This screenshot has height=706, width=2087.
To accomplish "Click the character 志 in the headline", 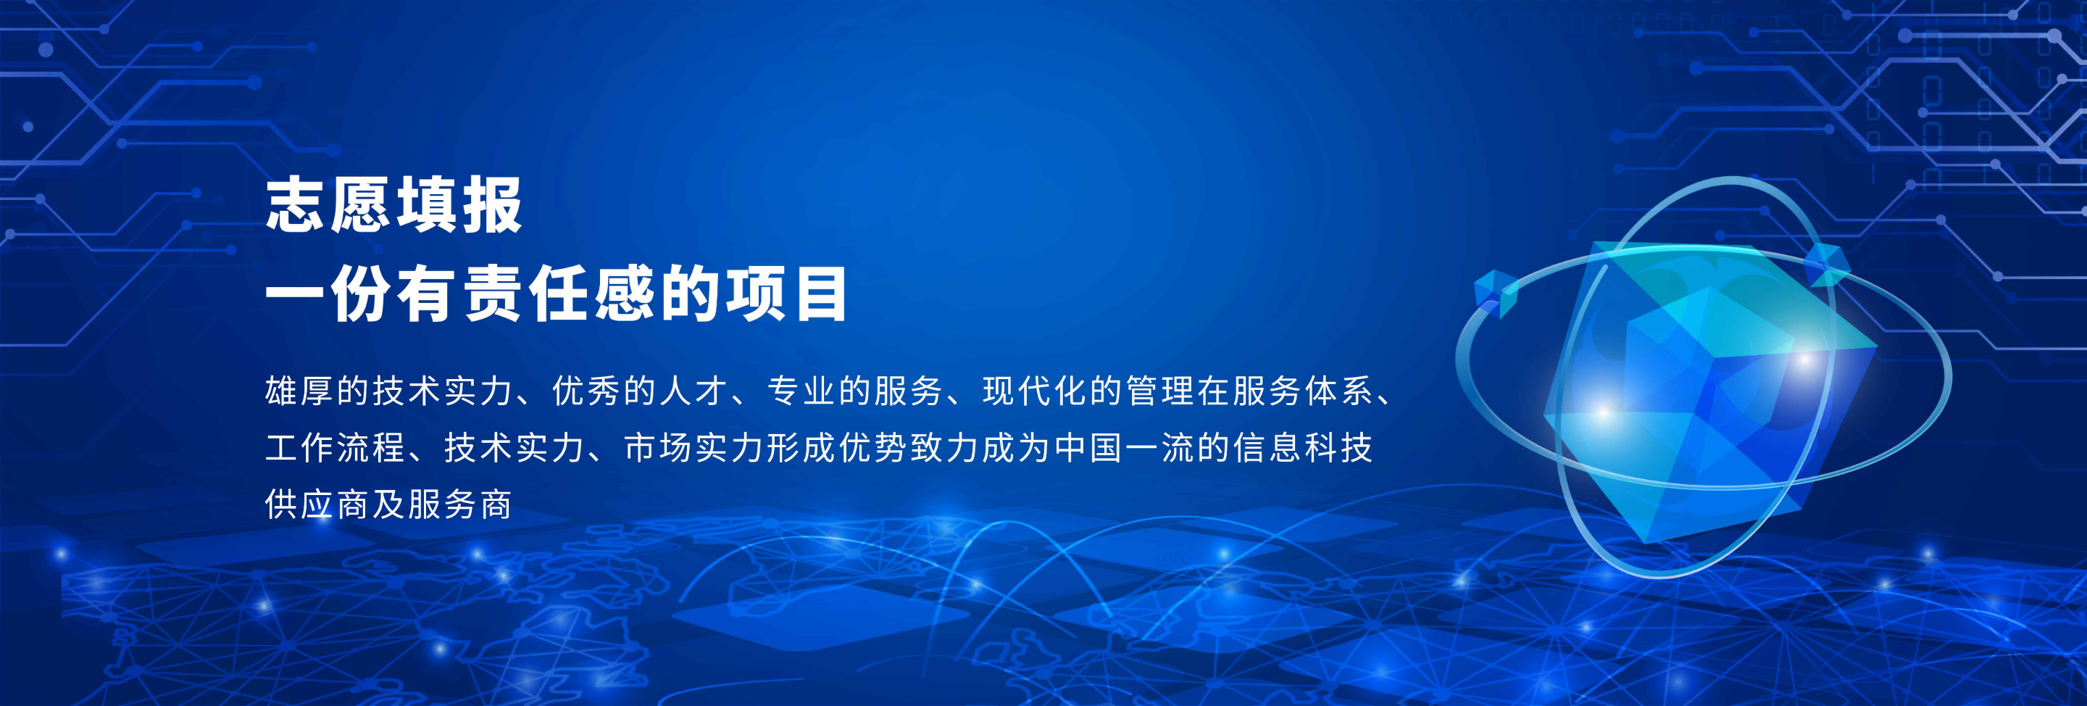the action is click(x=296, y=206).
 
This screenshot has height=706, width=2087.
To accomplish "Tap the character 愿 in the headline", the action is click(x=362, y=206).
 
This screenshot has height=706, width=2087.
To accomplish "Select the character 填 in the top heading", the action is click(x=427, y=206).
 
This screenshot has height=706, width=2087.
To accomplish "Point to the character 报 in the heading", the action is click(x=493, y=206).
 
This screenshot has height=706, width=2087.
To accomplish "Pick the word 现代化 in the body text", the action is click(x=1035, y=391).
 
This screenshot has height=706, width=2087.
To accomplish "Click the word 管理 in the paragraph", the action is click(x=1160, y=391).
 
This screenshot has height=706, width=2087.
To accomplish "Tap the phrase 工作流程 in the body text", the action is click(x=335, y=448).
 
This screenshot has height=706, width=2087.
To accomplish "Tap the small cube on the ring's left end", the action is click(x=1495, y=292).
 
